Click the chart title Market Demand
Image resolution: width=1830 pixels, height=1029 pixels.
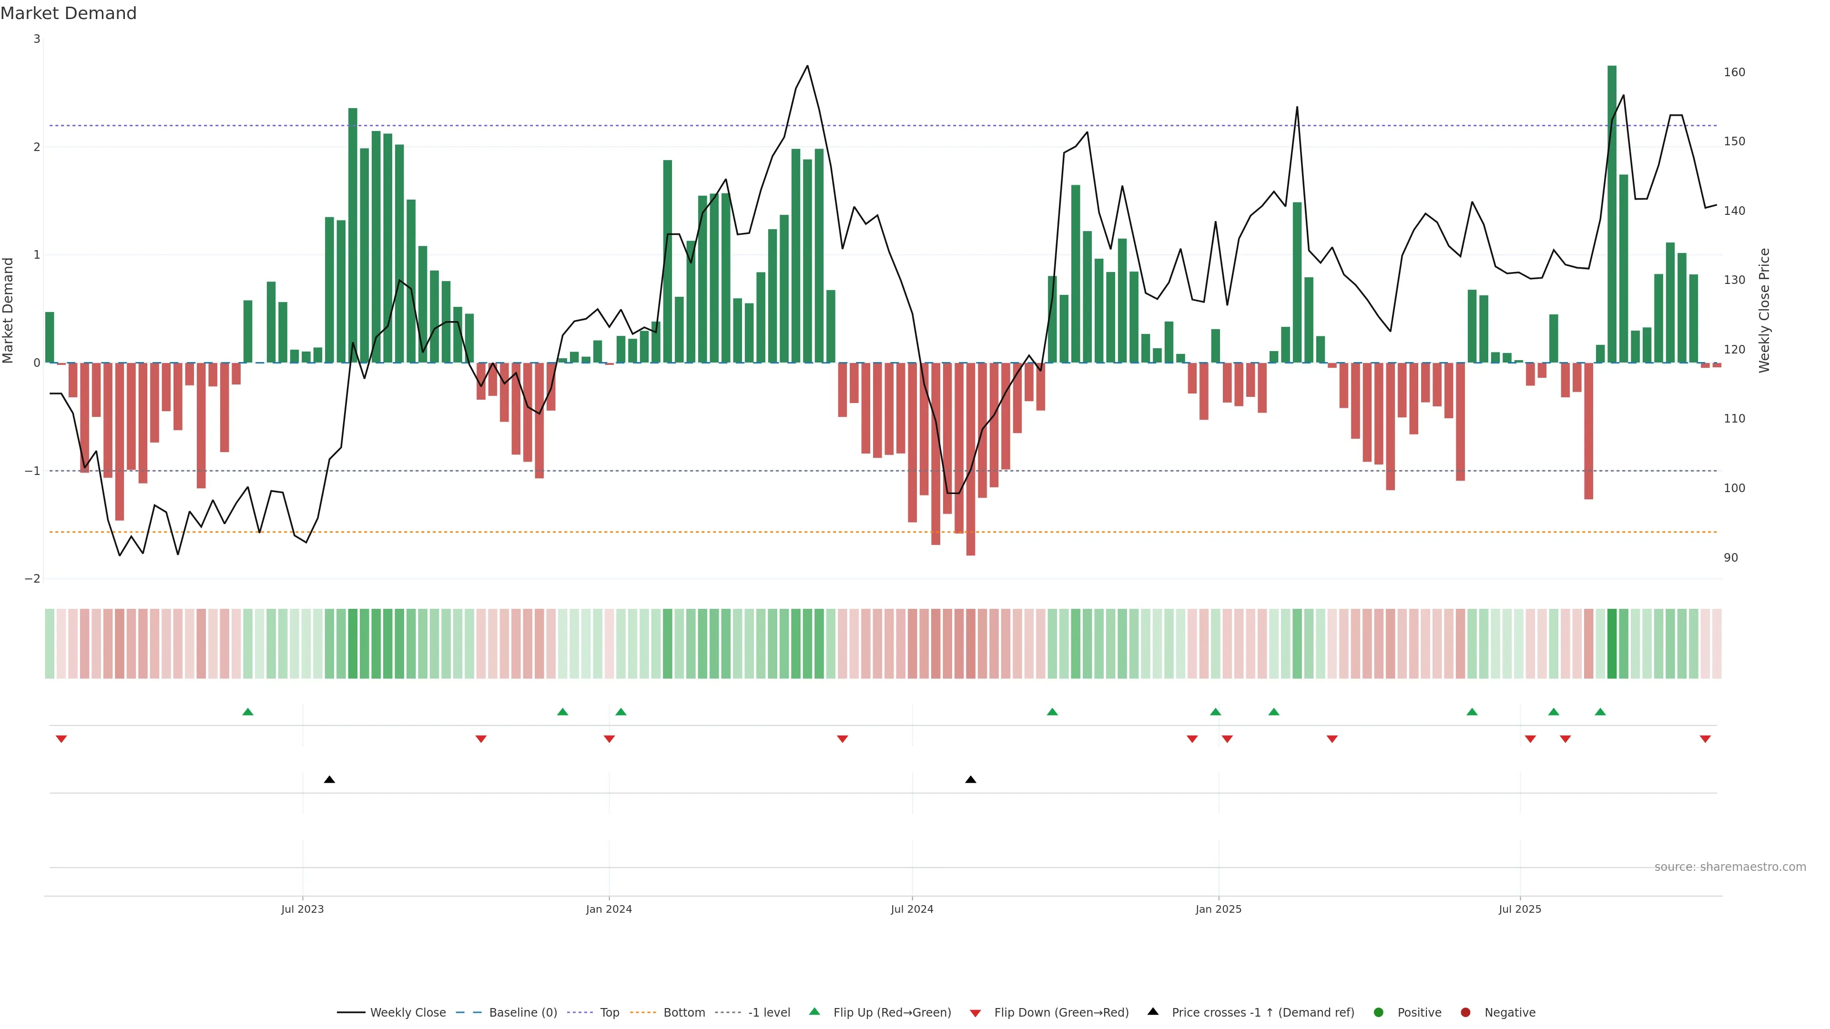68,13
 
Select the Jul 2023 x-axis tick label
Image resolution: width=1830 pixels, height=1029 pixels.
302,909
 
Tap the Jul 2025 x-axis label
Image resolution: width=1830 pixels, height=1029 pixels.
1520,909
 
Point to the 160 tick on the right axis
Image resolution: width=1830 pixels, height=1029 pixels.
1734,72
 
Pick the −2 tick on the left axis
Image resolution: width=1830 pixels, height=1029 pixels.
33,579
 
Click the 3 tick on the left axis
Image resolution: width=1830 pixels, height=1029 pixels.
37,39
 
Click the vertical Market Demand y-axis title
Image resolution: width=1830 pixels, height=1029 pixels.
9,310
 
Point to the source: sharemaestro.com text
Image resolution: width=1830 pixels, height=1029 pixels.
1730,867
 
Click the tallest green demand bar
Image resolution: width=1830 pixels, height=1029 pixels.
1612,213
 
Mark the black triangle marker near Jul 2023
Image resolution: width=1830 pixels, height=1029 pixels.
330,780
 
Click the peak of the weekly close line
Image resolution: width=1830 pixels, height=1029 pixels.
807,66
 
